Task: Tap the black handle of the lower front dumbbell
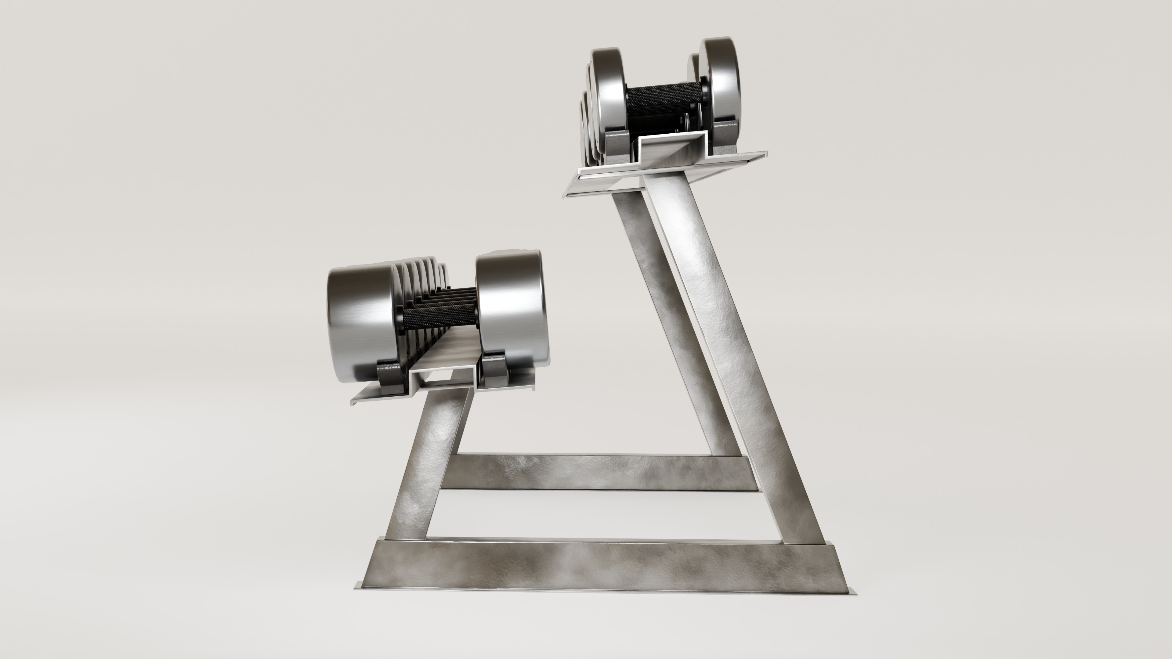point(439,318)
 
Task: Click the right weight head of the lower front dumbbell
point(510,305)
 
